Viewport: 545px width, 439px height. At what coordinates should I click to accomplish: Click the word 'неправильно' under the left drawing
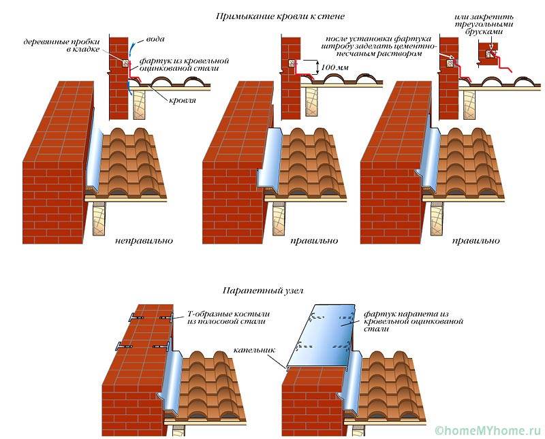coord(144,241)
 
